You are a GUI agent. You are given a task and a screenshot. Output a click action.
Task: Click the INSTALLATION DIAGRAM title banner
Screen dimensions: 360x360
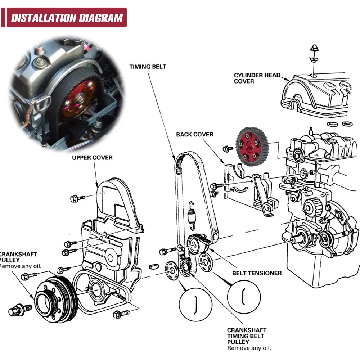pyautogui.click(x=67, y=18)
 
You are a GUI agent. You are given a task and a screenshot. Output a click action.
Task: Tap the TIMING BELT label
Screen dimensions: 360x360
pyautogui.click(x=148, y=67)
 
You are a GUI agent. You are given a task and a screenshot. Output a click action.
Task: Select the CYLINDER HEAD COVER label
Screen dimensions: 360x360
pyautogui.click(x=257, y=78)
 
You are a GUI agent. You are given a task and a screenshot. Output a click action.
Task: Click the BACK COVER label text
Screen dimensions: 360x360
pyautogui.click(x=194, y=135)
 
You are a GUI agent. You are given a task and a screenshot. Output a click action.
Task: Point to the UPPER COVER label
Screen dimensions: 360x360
pyautogui.click(x=92, y=158)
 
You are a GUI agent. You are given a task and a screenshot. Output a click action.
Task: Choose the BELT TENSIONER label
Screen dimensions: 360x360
pyautogui.click(x=257, y=273)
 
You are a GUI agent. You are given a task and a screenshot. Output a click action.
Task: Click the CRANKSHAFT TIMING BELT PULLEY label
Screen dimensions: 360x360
pyautogui.click(x=247, y=336)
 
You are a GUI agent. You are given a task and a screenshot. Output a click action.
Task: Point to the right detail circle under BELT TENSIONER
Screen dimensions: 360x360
pyautogui.click(x=244, y=297)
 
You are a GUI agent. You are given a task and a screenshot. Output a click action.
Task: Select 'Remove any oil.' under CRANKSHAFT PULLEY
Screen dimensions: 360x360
pyautogui.click(x=21, y=266)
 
